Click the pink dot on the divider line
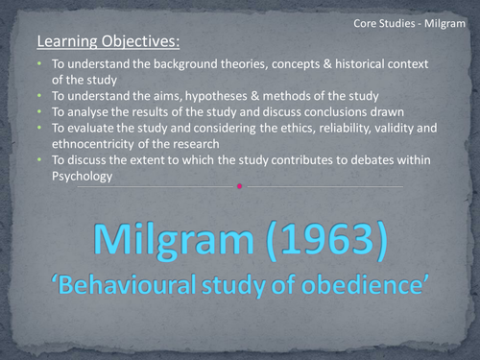click(239, 186)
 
